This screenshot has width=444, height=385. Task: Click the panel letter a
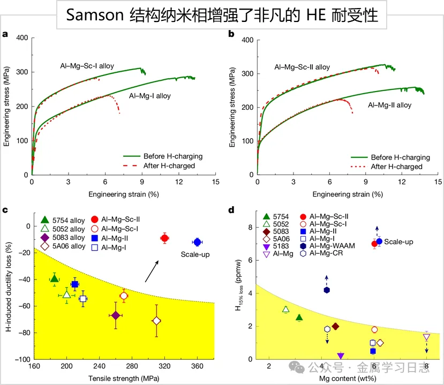[x=5, y=35]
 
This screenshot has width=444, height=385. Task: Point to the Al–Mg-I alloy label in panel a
[x=150, y=96]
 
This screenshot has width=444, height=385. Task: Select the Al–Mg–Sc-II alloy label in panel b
[x=302, y=67]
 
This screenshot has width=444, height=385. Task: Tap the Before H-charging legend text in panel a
[x=173, y=156]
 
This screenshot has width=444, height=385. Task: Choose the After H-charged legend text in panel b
[x=396, y=167]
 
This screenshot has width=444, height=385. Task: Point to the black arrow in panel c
[x=151, y=271]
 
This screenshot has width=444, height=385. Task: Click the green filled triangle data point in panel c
[x=54, y=278]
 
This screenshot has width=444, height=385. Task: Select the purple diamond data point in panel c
[x=116, y=315]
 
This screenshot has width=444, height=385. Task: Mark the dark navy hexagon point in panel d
[x=327, y=290]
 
